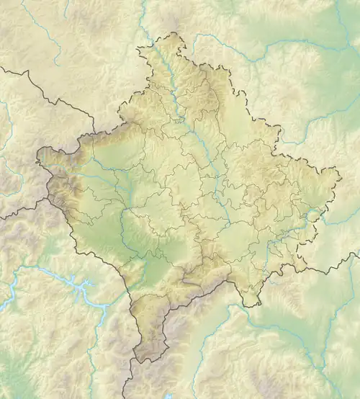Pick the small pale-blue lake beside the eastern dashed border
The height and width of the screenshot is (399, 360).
click(314, 214)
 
